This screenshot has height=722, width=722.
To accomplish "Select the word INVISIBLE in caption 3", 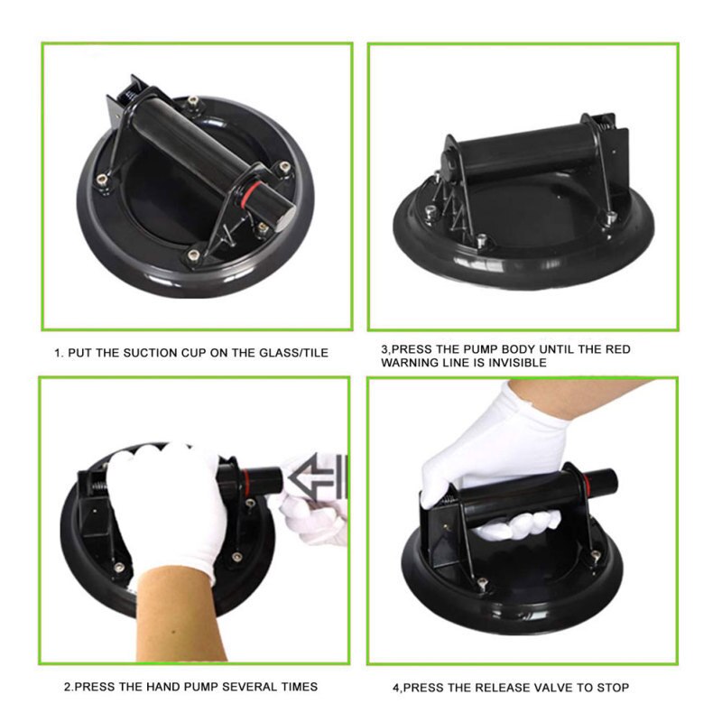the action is pyautogui.click(x=517, y=363).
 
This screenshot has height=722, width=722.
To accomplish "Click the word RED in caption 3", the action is pyautogui.click(x=618, y=349).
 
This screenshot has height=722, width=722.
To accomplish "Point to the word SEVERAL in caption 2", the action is pyautogui.click(x=250, y=687).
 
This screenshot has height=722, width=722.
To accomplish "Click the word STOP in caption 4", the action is pyautogui.click(x=614, y=688).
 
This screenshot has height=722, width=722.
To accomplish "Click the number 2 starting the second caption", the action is pyautogui.click(x=68, y=687).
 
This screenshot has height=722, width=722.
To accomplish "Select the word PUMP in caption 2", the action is pyautogui.click(x=200, y=687).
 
